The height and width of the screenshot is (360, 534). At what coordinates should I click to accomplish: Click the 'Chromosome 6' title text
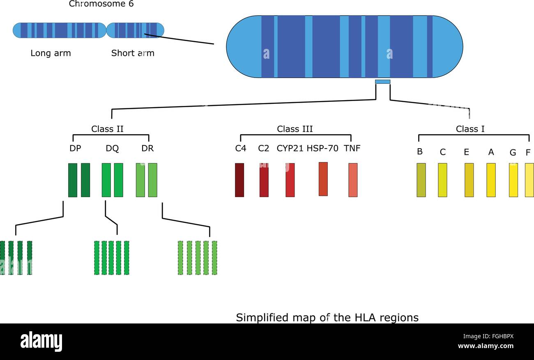(x=101, y=4)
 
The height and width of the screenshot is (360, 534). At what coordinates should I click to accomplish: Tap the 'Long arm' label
(x=51, y=53)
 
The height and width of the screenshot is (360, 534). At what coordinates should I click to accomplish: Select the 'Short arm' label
(x=133, y=53)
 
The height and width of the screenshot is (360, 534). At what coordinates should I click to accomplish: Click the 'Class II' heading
(x=107, y=129)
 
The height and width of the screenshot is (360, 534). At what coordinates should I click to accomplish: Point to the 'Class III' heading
(x=295, y=129)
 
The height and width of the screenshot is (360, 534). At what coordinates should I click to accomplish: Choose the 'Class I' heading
(x=470, y=129)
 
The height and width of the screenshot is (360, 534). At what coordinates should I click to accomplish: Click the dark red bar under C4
(x=239, y=180)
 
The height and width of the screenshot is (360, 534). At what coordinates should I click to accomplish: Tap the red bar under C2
(x=264, y=180)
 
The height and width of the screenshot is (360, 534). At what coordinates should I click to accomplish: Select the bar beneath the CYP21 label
(x=290, y=180)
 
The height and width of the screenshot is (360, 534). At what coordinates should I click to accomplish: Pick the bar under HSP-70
(x=323, y=179)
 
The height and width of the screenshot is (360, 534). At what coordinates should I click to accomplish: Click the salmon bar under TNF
(x=353, y=180)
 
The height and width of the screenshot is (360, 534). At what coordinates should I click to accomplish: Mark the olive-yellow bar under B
(x=421, y=180)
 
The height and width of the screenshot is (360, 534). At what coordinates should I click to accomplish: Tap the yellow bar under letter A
(x=491, y=180)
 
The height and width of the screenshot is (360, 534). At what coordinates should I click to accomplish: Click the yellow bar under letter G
(x=513, y=180)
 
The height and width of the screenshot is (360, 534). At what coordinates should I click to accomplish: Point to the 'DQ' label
(x=112, y=149)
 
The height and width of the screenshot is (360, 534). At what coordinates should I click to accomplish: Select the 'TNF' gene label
(x=352, y=148)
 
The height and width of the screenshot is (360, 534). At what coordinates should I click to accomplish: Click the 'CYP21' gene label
(x=290, y=148)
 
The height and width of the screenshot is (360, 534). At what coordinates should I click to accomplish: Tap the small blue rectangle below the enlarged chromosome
(x=382, y=82)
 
